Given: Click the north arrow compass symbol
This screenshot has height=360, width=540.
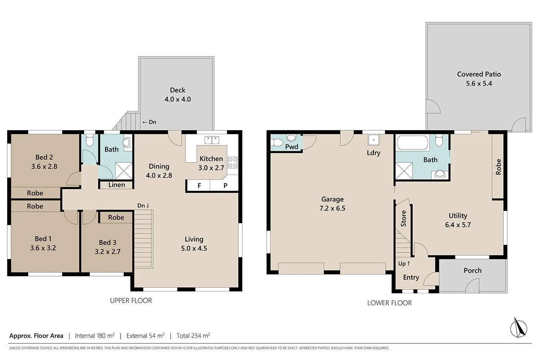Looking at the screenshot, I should pyautogui.click(x=519, y=328).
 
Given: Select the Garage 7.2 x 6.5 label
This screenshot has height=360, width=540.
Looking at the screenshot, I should pyautogui.click(x=332, y=204).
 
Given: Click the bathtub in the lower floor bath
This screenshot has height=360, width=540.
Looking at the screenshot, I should pyautogui.click(x=413, y=143).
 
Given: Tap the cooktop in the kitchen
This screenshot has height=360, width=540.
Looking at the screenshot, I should pyautogui.click(x=233, y=162).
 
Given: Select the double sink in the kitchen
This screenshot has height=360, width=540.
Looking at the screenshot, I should pyautogui.click(x=212, y=140).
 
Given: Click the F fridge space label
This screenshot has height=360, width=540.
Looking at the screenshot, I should pyautogui.click(x=199, y=186).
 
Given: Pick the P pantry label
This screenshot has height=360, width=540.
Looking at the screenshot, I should pyautogui.click(x=225, y=186).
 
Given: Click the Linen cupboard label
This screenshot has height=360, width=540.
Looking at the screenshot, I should pyautogui.click(x=117, y=185).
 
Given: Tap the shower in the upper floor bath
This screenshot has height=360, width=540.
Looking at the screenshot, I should pyautogui.click(x=123, y=171).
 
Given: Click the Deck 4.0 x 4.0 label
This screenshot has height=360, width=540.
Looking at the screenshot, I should pyautogui.click(x=177, y=95).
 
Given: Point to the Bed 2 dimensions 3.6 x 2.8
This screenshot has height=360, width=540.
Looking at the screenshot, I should pyautogui.click(x=44, y=166).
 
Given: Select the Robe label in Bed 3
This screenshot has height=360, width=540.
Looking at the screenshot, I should pyautogui.click(x=116, y=217).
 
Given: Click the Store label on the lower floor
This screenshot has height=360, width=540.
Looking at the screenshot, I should pyautogui.click(x=404, y=219).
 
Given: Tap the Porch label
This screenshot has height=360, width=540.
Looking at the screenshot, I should pyautogui.click(x=472, y=270).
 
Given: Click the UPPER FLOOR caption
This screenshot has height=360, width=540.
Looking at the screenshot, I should pyautogui.click(x=131, y=301).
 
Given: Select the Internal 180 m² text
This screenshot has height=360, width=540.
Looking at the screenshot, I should pyautogui.click(x=95, y=336).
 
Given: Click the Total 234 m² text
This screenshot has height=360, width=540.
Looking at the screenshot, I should pyautogui.click(x=193, y=336).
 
